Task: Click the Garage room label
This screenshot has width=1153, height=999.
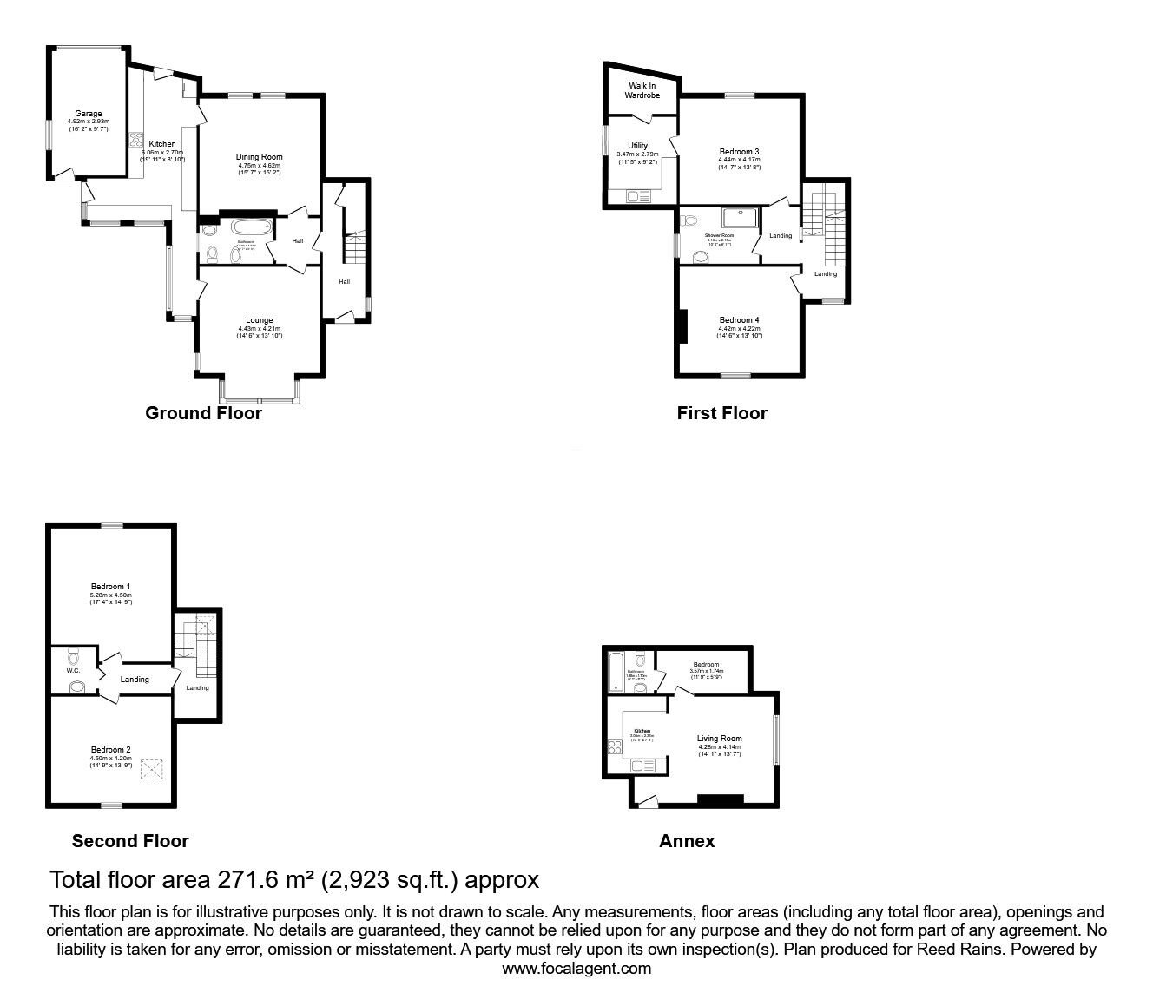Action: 88,114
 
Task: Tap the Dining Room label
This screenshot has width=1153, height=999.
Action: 260,157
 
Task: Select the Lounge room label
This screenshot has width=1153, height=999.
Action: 259,320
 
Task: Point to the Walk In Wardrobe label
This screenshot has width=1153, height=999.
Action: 642,90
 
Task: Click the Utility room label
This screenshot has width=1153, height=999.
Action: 637,146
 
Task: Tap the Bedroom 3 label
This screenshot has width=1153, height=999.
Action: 739,152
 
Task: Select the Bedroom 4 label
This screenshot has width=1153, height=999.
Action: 739,321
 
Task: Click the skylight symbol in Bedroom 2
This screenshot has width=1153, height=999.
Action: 153,769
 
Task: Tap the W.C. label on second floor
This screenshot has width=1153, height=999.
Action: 73,669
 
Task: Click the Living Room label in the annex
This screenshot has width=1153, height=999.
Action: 720,739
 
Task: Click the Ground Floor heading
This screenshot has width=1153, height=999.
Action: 203,413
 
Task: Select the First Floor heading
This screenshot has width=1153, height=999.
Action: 721,413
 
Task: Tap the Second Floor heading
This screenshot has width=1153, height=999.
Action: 130,840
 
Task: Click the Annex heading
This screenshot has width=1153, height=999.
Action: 687,840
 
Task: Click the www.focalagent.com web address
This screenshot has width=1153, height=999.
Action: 576,969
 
